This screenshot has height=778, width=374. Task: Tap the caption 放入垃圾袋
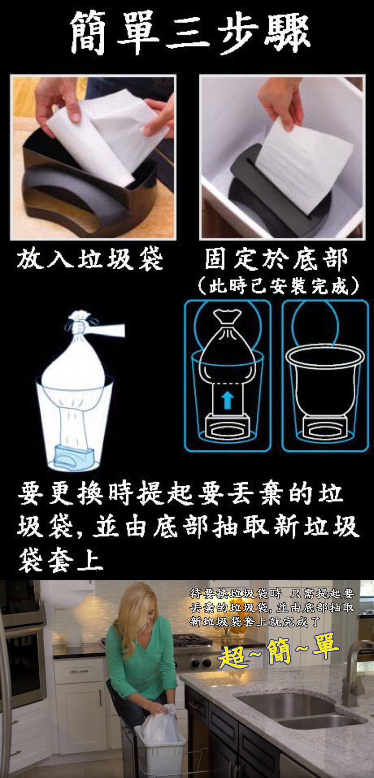(90, 259)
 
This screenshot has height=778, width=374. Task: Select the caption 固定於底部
(276, 259)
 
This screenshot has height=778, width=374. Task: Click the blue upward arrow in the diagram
(227, 399)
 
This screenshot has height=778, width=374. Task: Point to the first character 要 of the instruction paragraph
(30, 494)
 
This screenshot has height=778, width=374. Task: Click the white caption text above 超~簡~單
(272, 607)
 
